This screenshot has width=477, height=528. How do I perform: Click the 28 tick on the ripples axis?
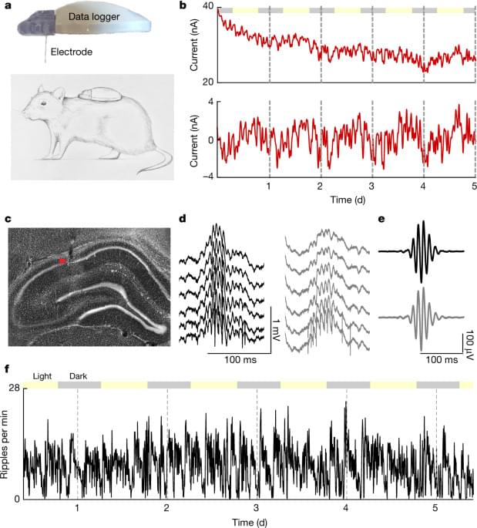coord(14,388)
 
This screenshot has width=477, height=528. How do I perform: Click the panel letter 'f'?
coord(7,368)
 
